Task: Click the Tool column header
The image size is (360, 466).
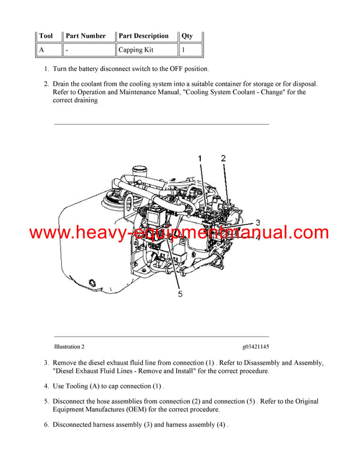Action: pyautogui.click(x=46, y=36)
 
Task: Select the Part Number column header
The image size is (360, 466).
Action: pyautogui.click(x=86, y=36)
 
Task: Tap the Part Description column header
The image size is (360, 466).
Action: pyautogui.click(x=143, y=36)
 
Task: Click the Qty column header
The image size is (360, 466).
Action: pyautogui.click(x=187, y=36)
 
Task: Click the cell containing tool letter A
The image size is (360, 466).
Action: pyautogui.click(x=43, y=50)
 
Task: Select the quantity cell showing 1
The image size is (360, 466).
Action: pyautogui.click(x=184, y=50)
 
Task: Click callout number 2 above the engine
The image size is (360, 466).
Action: pyautogui.click(x=223, y=159)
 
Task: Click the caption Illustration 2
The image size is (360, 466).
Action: pyautogui.click(x=69, y=346)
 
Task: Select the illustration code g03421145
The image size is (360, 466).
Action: pyautogui.click(x=256, y=346)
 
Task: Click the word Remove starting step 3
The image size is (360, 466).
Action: pyautogui.click(x=66, y=363)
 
